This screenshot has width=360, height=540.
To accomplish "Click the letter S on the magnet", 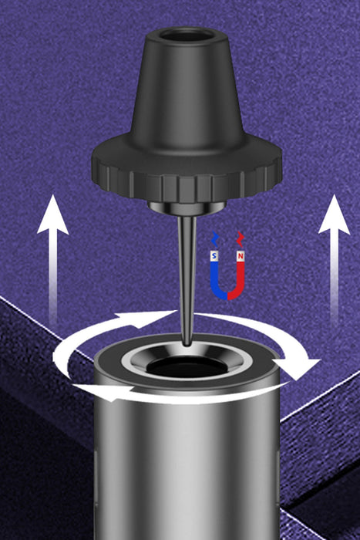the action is [x=215, y=256].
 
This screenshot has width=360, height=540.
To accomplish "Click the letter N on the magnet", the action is [x=241, y=256].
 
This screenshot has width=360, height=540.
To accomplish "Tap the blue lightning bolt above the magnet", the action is [x=214, y=238].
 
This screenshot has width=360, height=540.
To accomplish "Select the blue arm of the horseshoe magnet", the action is [x=216, y=279].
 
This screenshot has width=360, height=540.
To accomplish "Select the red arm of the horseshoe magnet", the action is [x=239, y=279].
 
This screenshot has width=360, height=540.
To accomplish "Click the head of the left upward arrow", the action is [x=52, y=215].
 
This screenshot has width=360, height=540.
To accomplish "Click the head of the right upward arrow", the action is [x=335, y=215].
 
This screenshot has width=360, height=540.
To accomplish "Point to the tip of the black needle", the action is [x=187, y=345].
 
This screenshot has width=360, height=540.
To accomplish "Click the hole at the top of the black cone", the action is [x=187, y=35].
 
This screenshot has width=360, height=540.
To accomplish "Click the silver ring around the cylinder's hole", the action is [x=187, y=363].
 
